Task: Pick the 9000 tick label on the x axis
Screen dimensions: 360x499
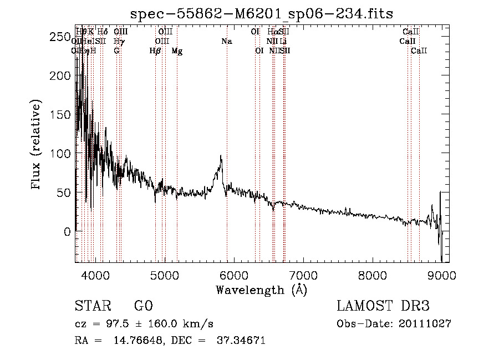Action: tap(442, 275)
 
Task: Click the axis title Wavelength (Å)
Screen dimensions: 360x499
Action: tap(261, 290)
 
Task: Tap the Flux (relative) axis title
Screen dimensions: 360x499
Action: tap(37, 145)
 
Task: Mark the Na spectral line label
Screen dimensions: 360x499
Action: tap(226, 42)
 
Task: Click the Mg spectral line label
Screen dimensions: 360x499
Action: tap(177, 51)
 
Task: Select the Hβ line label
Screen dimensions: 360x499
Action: tap(155, 51)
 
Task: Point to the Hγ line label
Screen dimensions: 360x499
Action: tap(119, 42)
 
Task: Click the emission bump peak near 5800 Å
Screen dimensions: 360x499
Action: tap(221, 157)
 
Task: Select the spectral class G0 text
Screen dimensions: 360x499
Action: tap(143, 306)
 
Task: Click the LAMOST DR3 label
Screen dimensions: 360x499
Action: tap(383, 306)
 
